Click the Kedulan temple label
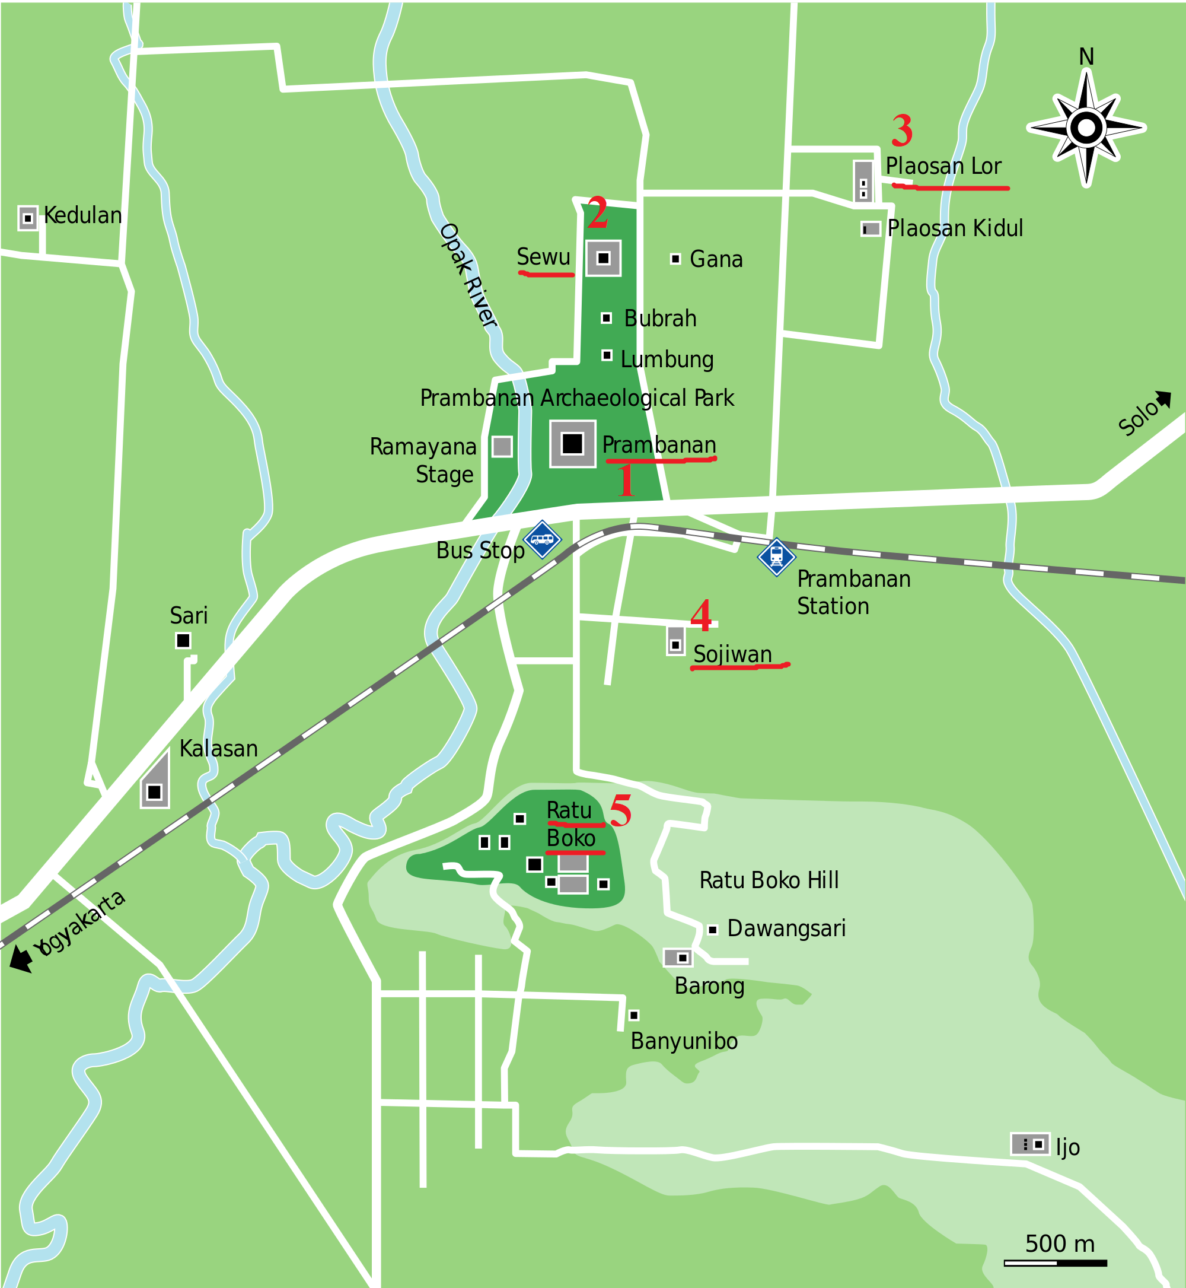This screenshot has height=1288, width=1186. tap(82, 215)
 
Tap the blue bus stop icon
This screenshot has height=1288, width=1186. tap(543, 539)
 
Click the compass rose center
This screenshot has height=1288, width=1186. tap(1086, 128)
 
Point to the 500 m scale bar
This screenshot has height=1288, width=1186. tap(1055, 1263)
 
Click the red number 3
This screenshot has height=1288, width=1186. tap(902, 131)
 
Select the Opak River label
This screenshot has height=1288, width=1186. tap(468, 275)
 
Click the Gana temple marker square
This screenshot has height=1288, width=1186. tap(675, 259)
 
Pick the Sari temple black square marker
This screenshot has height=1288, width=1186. tap(183, 640)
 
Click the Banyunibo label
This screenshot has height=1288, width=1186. tap(684, 1041)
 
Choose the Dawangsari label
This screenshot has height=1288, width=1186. tap(786, 928)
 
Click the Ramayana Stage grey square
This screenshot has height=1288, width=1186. tap(502, 446)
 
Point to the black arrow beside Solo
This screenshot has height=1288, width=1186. tap(1163, 399)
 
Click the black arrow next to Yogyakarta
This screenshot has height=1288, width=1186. tap(21, 959)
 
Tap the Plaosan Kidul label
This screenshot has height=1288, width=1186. tap(954, 228)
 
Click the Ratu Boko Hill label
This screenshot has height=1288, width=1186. tap(769, 880)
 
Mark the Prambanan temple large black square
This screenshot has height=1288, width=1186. tap(572, 443)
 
